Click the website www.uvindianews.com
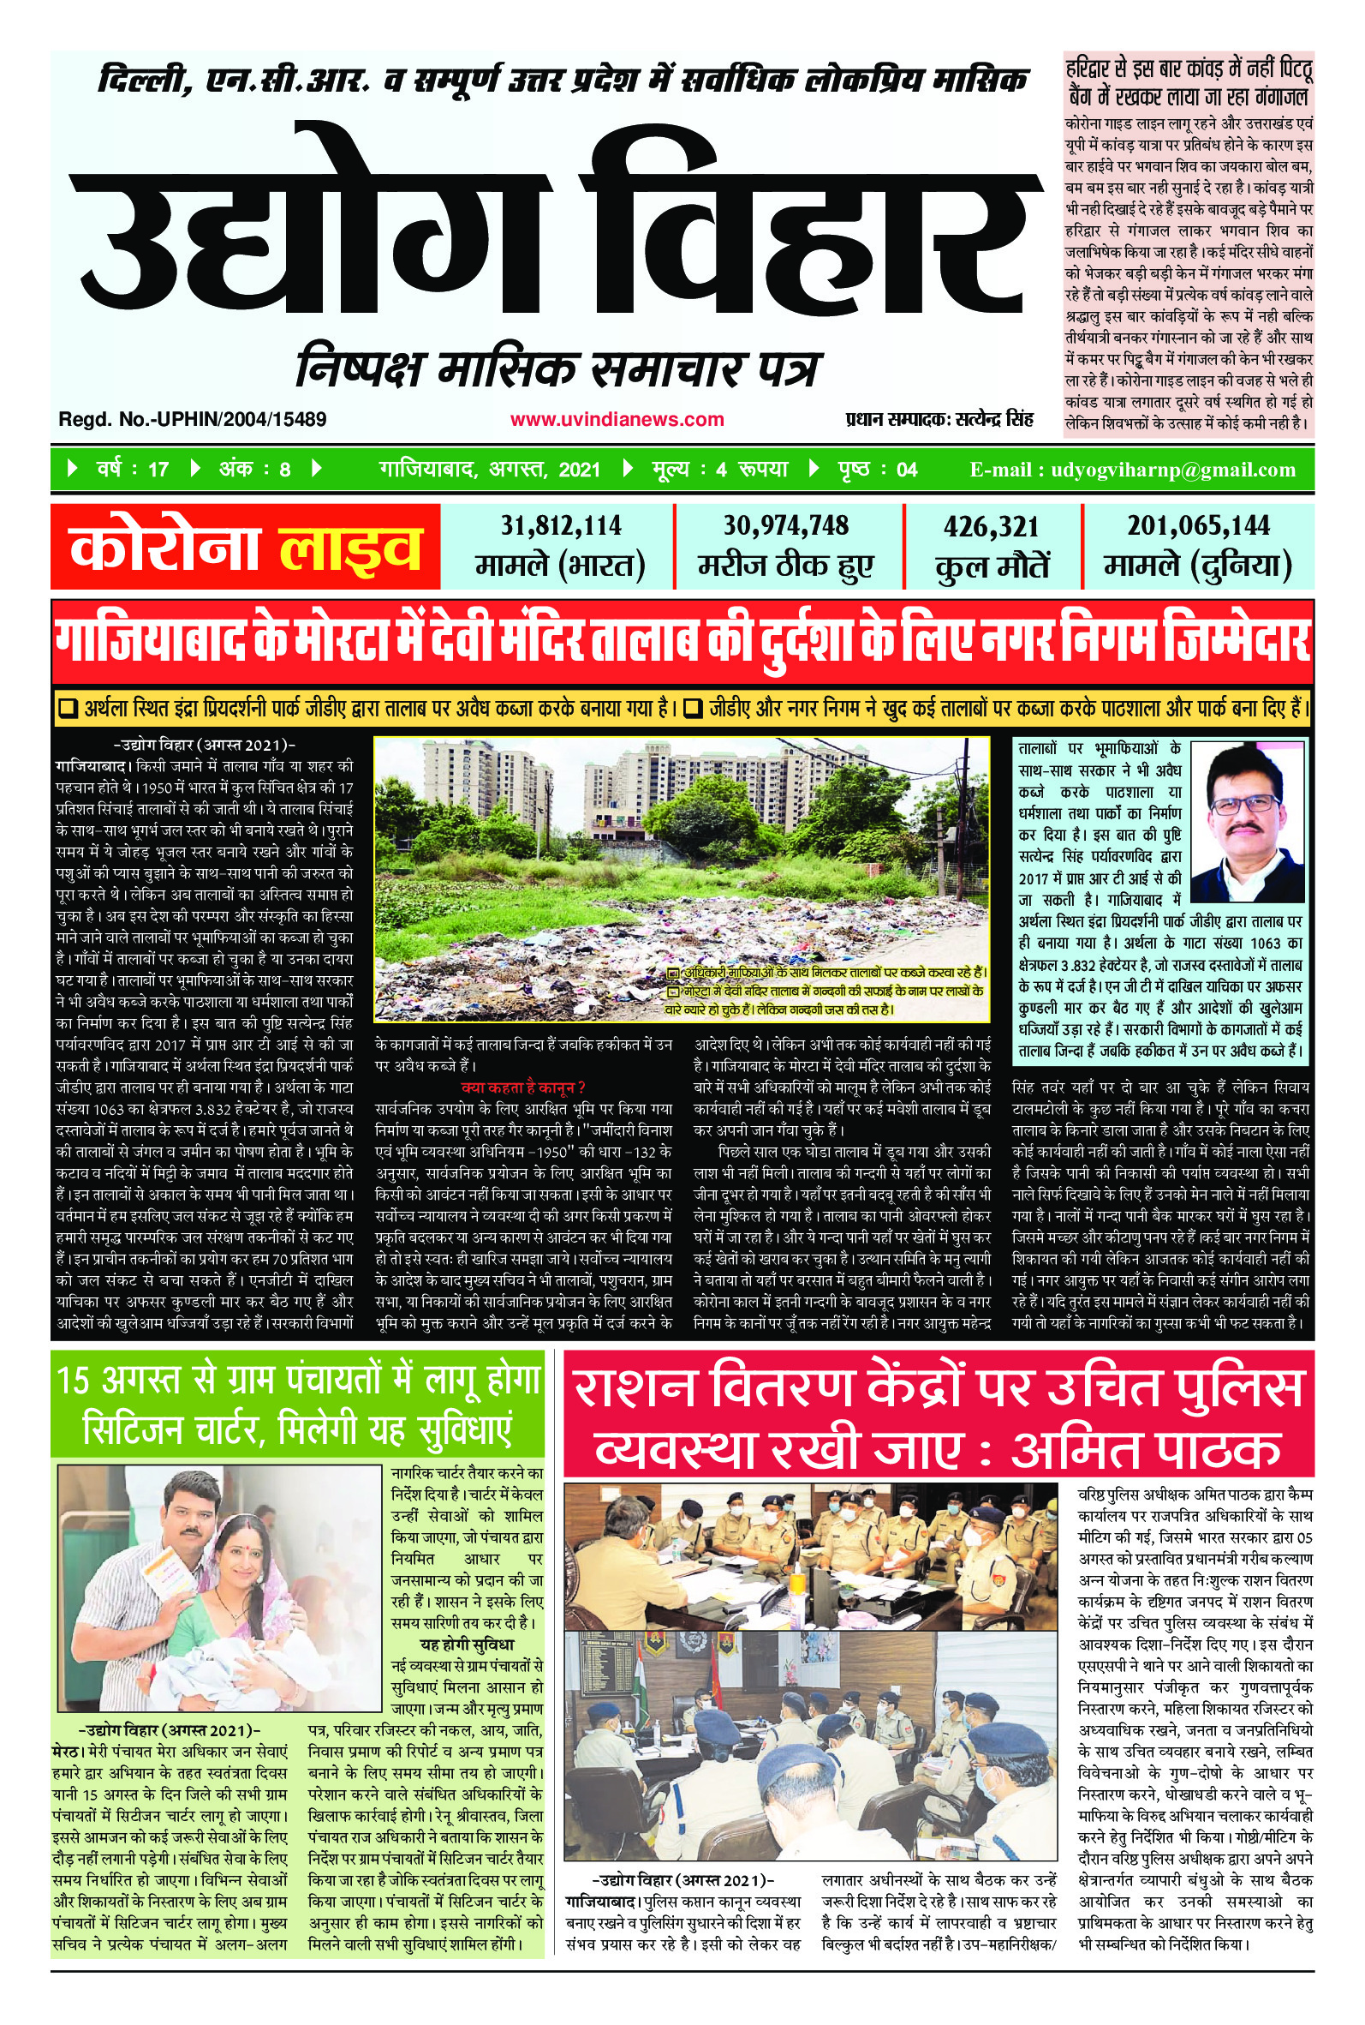pos(617,420)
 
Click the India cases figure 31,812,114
pos(561,526)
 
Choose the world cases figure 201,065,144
pos(1198,525)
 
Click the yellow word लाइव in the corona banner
pos(350,549)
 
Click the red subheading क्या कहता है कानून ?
pos(522,1087)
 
